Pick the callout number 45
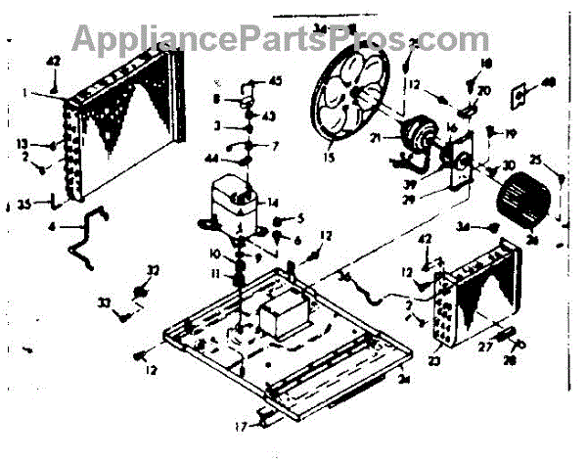coord(275,81)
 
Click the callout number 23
coord(434,359)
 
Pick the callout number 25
coord(535,159)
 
